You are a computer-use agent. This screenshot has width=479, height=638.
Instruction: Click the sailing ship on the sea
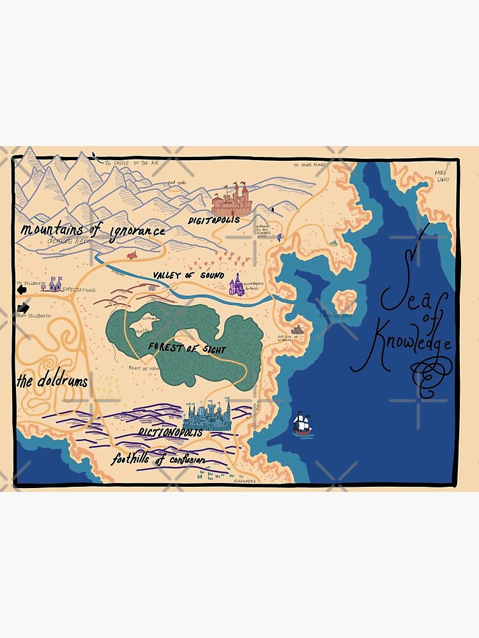click(x=303, y=424)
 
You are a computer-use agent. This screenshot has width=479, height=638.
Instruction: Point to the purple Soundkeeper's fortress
click(x=236, y=285)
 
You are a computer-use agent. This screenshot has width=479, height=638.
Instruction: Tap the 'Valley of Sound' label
click(x=188, y=275)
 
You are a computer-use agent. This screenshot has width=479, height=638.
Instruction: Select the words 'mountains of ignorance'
click(x=93, y=230)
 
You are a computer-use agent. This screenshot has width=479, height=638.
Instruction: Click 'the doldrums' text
click(x=52, y=382)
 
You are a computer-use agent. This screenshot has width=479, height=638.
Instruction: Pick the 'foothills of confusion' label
click(x=158, y=459)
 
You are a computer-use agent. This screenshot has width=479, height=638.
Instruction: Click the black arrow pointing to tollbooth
click(x=22, y=290)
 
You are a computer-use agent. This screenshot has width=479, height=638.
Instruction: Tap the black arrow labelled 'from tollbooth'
click(x=23, y=308)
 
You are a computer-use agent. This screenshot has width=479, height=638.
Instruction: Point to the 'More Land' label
click(x=442, y=176)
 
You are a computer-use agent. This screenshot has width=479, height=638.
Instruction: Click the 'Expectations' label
click(x=78, y=290)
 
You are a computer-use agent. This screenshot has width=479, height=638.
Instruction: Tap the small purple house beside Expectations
click(x=55, y=284)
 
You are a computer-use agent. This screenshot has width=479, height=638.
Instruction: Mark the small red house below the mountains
click(x=132, y=255)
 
